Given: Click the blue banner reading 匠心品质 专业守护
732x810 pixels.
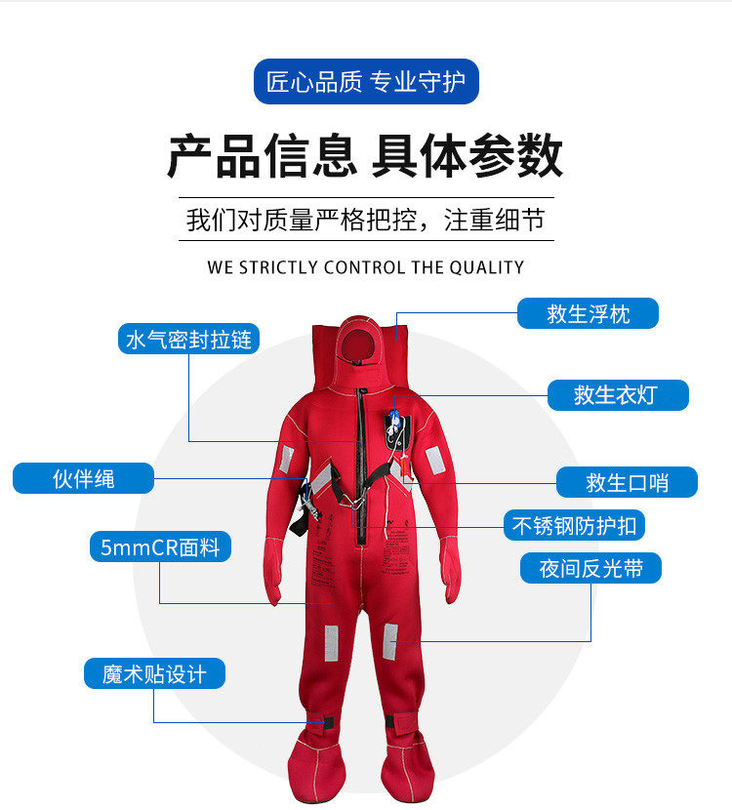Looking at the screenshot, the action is [x=366, y=82].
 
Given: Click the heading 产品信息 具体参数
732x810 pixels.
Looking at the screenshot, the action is [x=365, y=156].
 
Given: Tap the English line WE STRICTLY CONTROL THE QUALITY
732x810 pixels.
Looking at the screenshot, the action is [x=365, y=267].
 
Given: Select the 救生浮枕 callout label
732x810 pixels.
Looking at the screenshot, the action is [x=588, y=313].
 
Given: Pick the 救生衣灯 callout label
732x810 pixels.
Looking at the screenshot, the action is [x=617, y=394].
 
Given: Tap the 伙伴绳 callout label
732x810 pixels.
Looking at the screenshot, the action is [x=84, y=478].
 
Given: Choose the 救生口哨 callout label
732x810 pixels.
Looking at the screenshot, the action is [x=627, y=482].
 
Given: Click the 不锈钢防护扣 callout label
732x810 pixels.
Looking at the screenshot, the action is [x=574, y=525].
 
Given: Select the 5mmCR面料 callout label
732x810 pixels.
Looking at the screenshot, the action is [x=160, y=547].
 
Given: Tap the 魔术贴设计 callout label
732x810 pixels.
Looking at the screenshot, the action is [x=154, y=673].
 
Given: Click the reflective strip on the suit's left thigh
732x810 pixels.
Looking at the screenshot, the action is [x=390, y=640].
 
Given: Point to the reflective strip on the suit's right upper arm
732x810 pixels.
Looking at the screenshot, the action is [x=287, y=458].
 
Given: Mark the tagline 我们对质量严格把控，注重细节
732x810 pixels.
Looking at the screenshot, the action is [x=365, y=219].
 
